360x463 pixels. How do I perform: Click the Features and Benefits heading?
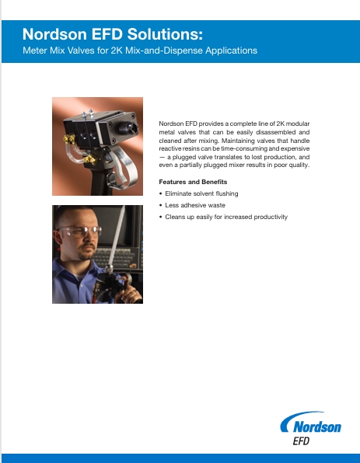click(192, 182)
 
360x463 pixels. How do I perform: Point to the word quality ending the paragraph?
click(298, 165)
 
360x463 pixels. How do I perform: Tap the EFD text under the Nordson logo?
click(303, 441)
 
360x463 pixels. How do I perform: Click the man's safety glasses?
click(82, 230)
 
